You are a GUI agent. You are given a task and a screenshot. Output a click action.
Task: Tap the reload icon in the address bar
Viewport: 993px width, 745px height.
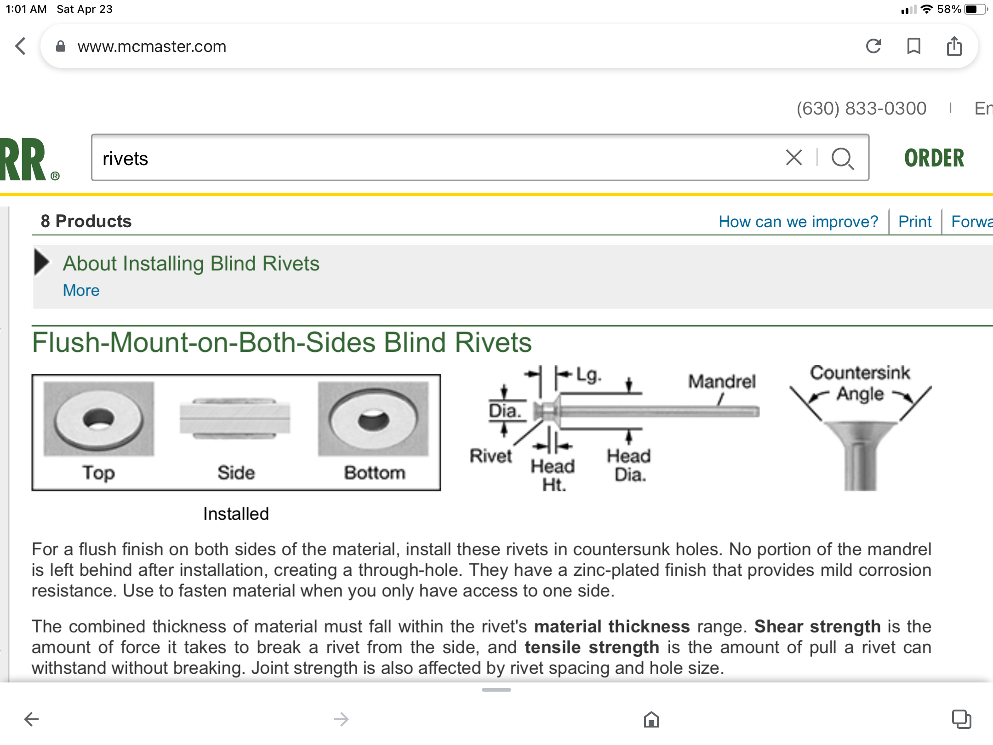[873, 46]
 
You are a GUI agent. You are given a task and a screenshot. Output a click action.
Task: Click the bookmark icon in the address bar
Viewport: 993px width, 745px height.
[913, 46]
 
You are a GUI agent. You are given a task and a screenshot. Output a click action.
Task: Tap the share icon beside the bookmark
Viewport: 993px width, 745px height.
[954, 46]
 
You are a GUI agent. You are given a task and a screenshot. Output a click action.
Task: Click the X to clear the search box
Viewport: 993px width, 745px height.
[794, 158]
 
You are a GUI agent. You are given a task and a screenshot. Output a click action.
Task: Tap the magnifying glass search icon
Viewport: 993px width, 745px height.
[842, 159]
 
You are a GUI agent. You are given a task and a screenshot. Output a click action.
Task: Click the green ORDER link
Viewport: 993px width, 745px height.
[934, 158]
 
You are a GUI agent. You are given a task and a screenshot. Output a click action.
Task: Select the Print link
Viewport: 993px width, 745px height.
[915, 222]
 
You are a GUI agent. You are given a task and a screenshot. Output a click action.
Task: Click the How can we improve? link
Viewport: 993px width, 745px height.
[798, 222]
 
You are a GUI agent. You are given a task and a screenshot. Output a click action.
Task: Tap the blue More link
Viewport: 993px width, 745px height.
[81, 290]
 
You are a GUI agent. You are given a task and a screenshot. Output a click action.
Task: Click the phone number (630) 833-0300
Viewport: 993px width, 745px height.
[861, 109]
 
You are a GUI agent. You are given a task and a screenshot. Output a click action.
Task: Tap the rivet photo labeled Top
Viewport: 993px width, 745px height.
[99, 419]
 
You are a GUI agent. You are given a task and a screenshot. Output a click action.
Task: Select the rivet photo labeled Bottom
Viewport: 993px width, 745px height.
[373, 419]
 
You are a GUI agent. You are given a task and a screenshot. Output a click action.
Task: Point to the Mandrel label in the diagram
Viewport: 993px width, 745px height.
[722, 381]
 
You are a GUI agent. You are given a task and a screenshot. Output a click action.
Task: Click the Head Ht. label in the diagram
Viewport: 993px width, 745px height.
[553, 475]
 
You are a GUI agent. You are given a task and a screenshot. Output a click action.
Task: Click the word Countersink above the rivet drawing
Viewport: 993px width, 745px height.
[860, 372]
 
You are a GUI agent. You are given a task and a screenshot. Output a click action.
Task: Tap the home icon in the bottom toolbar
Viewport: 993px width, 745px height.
[651, 719]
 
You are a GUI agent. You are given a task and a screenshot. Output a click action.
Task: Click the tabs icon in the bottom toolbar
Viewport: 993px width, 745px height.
[961, 719]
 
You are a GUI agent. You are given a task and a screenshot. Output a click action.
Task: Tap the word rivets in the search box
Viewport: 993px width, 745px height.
[125, 159]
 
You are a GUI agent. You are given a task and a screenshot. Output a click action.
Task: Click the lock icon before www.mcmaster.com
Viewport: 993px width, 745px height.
[61, 46]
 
